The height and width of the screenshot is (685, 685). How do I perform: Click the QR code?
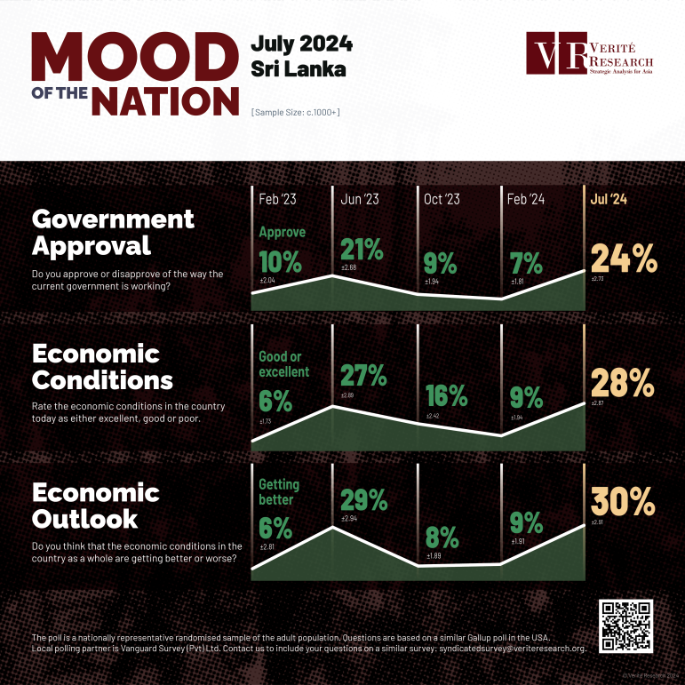[627, 625]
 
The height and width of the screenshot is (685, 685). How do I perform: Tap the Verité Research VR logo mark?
[555, 55]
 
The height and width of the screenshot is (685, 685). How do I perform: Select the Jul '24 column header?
[609, 200]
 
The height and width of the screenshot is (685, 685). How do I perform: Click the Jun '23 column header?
[360, 200]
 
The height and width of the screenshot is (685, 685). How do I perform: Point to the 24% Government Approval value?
[624, 258]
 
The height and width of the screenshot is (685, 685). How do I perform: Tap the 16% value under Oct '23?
[442, 395]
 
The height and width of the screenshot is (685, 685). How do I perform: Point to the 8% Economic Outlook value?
[441, 538]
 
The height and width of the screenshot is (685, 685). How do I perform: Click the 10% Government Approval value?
[281, 262]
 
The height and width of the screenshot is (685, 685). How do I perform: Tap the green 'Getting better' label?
[278, 492]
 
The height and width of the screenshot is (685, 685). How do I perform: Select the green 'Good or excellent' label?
[283, 364]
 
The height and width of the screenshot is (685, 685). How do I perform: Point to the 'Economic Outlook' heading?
[96, 505]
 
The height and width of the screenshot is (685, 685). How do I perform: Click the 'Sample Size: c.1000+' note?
[296, 113]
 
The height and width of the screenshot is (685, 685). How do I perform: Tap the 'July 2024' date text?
[301, 44]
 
